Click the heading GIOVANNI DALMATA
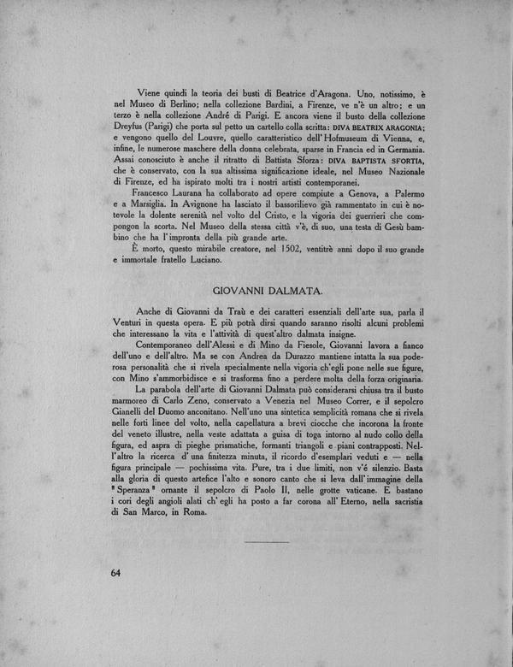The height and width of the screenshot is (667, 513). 266,291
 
